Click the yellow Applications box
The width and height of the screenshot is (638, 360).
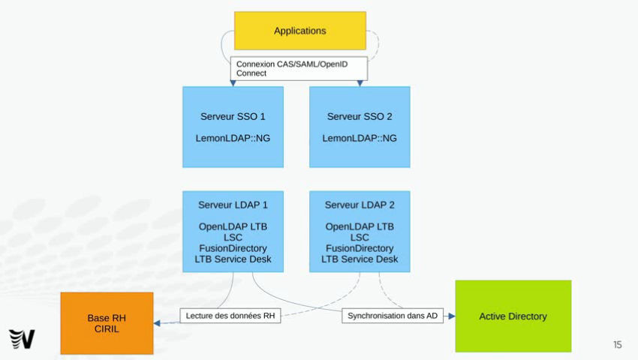coord(300,31)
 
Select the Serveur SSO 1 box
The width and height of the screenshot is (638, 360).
coord(233,127)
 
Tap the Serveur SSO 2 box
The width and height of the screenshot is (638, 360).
coord(360,127)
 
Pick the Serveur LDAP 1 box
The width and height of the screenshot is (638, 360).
coord(233,232)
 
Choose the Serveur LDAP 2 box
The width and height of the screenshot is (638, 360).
coord(360,232)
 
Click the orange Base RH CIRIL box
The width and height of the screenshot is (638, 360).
coord(107,323)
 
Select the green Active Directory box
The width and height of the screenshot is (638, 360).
coord(513,316)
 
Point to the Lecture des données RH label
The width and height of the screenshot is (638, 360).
coord(230,316)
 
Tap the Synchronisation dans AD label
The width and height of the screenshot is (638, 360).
coord(393,316)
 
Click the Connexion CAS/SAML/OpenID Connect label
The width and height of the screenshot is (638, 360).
coord(299,68)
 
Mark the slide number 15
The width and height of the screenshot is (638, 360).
coord(618,344)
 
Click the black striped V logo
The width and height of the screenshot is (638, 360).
coord(22,339)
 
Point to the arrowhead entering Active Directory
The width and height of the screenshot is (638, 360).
coord(452,316)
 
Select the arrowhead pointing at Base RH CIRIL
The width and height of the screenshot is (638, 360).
coord(157,323)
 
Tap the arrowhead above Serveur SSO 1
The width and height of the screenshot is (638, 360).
coord(233,83)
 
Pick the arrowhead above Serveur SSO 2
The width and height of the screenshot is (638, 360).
coord(360,83)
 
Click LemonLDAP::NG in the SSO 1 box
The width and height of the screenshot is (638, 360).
coord(233,138)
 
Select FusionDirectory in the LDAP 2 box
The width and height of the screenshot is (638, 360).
coord(360,248)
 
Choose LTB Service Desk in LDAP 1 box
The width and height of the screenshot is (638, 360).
coord(233,259)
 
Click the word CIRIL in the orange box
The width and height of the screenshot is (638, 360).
coord(107,329)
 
